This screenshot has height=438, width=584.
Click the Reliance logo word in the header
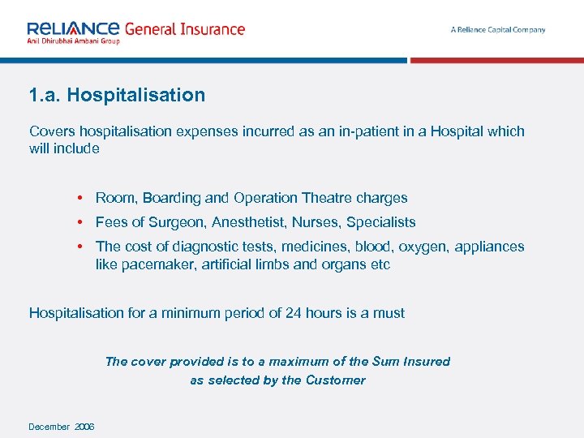pos(73,28)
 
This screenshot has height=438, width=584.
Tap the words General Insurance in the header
pos(184,29)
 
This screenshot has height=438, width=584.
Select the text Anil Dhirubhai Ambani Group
pos(73,41)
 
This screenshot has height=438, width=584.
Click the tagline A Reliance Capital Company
pos(498,30)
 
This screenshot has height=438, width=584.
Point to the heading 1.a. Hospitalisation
pos(117,95)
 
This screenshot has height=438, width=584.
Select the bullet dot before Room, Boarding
pos(82,198)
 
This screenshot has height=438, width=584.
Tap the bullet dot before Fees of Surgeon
pos(82,222)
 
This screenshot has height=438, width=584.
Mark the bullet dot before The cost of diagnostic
pos(82,247)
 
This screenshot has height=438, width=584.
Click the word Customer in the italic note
pos(335,380)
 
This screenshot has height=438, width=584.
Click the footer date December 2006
pos(62,427)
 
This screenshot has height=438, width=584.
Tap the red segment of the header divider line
pos(496,60)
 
